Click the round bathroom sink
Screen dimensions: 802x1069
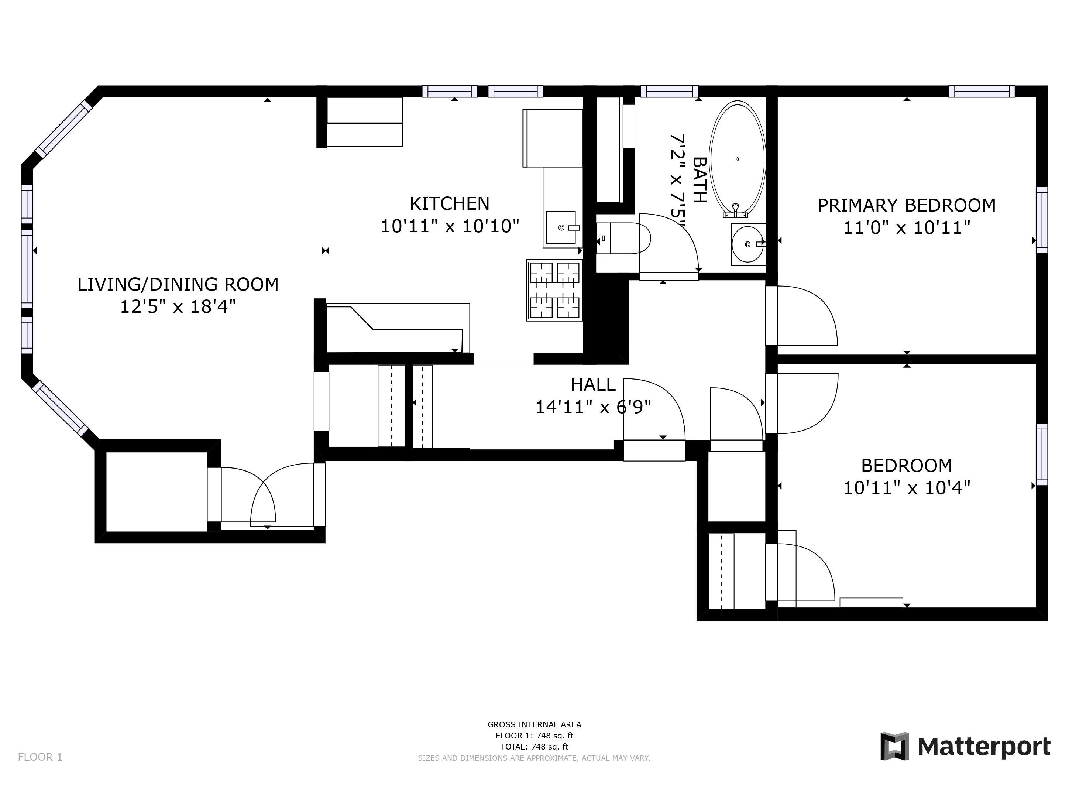[x=747, y=244]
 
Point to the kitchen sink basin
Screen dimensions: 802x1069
[x=561, y=227]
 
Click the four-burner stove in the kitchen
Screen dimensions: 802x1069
[x=554, y=290]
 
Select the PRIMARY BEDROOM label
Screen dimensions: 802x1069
[x=906, y=205]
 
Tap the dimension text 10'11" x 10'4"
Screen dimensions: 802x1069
[x=906, y=488]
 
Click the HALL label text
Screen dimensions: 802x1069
[x=593, y=385]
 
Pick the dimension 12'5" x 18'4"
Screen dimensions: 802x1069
[x=178, y=306]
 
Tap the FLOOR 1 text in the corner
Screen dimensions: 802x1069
[x=40, y=757]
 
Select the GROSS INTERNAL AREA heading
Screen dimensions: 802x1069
[x=534, y=724]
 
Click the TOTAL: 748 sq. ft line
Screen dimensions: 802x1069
[x=534, y=746]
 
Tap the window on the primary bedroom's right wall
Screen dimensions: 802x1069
[x=1042, y=220]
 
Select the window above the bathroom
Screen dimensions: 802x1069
[x=669, y=91]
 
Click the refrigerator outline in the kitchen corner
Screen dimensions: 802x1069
[x=552, y=138]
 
